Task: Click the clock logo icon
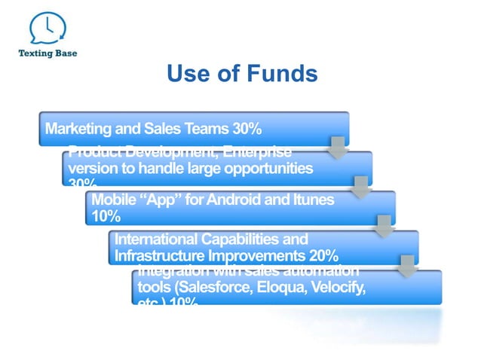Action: pyautogui.click(x=46, y=28)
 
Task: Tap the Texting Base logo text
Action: pyautogui.click(x=47, y=53)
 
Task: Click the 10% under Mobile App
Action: pyautogui.click(x=105, y=216)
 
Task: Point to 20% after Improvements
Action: pyautogui.click(x=323, y=255)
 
